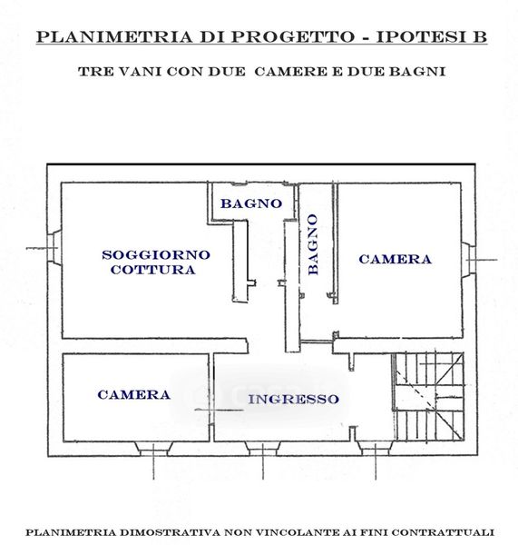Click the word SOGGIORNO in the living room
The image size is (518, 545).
click(156, 254)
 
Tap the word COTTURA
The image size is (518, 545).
click(153, 270)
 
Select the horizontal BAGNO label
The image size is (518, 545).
click(251, 203)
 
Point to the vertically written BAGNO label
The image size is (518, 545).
click(313, 244)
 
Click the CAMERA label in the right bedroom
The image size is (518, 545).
click(396, 259)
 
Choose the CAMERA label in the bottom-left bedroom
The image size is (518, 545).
click(133, 394)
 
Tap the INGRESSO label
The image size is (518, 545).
click(293, 399)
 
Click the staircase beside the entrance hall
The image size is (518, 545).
click(429, 397)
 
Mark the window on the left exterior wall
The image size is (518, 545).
click(54, 247)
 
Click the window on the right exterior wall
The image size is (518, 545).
click(468, 259)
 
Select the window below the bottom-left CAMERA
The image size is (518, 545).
click(153, 449)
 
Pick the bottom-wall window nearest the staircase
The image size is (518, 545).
click(376, 449)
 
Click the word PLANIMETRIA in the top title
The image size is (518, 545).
click(114, 37)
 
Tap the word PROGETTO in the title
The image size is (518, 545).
click(292, 37)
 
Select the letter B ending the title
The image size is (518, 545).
click(480, 37)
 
